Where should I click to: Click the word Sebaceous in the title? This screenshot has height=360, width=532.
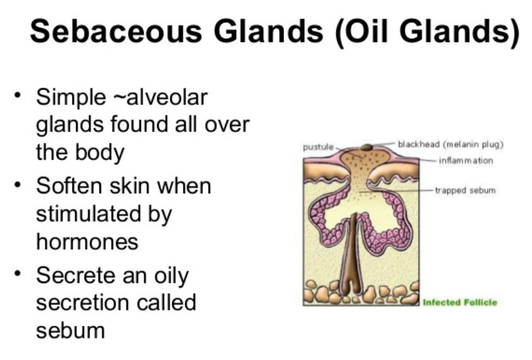click(116, 31)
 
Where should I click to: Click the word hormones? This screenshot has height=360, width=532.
click(87, 242)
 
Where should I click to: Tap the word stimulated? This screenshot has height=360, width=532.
click(87, 214)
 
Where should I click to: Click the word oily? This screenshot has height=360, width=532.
click(172, 277)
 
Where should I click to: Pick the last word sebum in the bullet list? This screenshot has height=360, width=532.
click(71, 331)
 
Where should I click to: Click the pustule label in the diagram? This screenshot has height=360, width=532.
click(318, 147)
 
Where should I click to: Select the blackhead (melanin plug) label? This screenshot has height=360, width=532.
click(451, 145)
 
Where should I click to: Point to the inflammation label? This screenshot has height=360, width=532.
click(466, 160)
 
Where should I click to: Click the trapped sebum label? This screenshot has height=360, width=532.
click(465, 191)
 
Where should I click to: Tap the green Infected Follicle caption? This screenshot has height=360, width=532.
click(459, 303)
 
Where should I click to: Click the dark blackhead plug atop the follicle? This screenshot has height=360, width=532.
click(367, 147)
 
